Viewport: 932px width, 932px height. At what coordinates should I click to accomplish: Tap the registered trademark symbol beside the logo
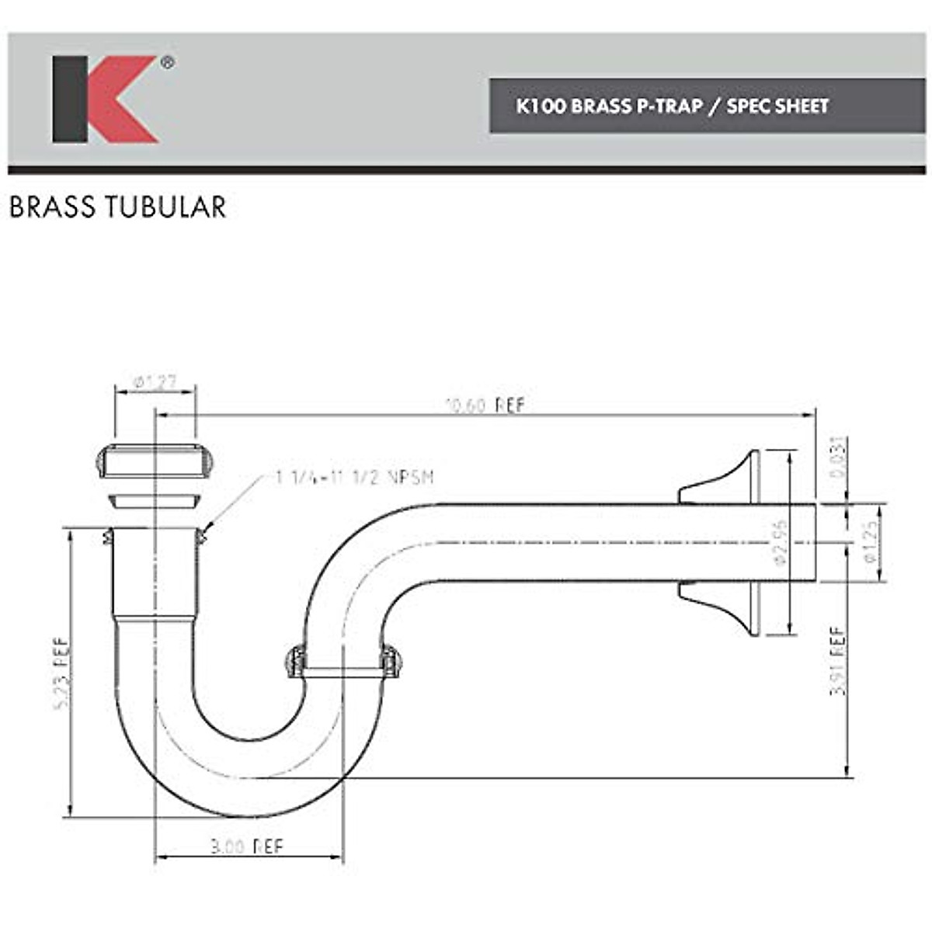[167, 64]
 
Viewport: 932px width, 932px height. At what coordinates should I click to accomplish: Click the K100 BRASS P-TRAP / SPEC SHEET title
[673, 106]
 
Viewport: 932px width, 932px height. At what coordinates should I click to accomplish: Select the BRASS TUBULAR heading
[118, 207]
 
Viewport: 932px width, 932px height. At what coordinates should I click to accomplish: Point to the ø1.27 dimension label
[154, 382]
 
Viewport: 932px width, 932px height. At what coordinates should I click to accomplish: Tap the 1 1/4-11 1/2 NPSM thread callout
[354, 477]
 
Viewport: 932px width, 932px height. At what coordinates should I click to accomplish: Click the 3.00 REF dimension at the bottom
[247, 846]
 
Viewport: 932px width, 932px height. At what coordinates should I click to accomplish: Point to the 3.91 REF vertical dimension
[838, 660]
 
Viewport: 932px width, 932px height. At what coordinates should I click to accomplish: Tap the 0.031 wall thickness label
[838, 458]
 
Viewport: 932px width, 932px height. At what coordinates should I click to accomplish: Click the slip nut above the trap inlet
[155, 461]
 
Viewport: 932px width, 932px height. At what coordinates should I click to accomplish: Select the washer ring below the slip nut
[155, 500]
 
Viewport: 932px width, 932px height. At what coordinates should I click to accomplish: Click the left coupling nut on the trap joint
[295, 661]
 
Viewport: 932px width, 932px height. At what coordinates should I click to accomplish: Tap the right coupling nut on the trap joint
[390, 661]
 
